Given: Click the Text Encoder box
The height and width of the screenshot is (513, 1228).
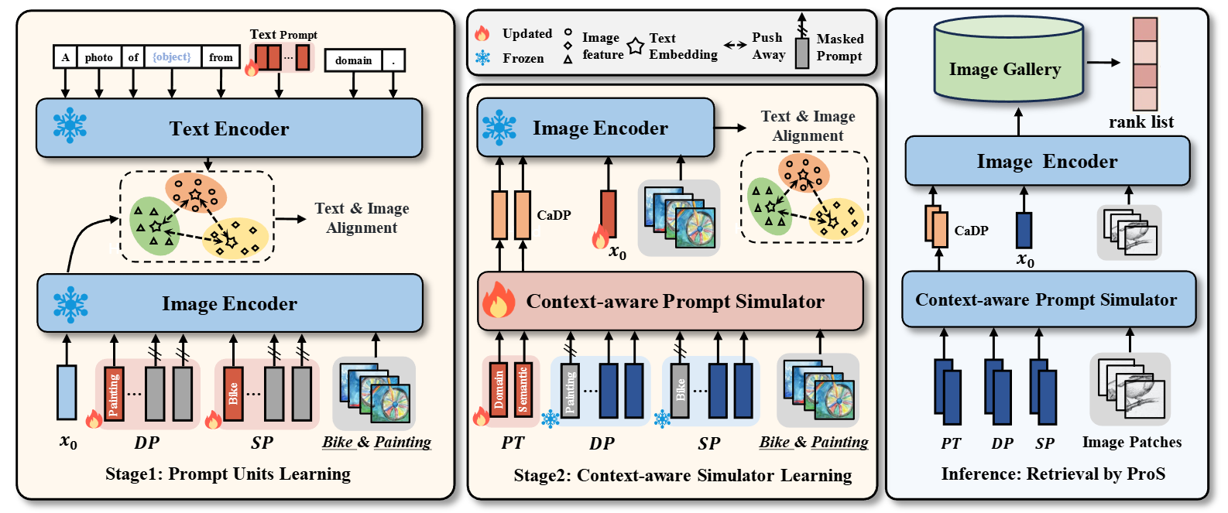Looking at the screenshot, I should tap(229, 128).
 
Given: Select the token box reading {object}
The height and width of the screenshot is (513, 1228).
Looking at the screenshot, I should tap(171, 57).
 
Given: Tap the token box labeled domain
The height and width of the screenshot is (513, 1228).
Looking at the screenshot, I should tap(353, 60).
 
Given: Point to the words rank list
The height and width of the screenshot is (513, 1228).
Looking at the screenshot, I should tap(1141, 122).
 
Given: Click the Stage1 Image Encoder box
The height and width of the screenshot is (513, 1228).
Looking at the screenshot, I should tap(229, 303).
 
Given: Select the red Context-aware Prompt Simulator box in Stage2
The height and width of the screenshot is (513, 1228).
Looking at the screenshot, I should tap(671, 301).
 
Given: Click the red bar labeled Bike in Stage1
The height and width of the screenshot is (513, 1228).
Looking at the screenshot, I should tap(233, 394).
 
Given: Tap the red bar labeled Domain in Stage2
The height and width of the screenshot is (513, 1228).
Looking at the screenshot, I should tap(499, 390).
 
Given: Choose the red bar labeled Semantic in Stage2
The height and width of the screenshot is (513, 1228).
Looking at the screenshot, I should tap(523, 390).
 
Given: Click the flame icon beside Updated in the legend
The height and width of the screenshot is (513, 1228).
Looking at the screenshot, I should tap(482, 33).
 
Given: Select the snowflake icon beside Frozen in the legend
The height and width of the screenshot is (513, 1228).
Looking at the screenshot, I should tap(482, 58).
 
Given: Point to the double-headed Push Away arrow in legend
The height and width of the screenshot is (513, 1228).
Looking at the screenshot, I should tap(736, 46).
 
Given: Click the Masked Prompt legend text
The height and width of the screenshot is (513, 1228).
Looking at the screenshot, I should tap(839, 47).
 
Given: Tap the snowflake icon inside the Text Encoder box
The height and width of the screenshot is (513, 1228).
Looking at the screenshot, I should tap(70, 126).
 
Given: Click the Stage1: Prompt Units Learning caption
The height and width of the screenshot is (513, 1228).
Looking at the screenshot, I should tap(228, 474).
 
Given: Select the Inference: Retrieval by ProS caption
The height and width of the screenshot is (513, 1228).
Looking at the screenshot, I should tap(1053, 474).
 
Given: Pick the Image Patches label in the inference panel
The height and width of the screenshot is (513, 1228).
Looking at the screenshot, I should tap(1131, 442).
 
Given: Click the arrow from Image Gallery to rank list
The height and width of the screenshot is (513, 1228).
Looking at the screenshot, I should tap(1103, 63).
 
